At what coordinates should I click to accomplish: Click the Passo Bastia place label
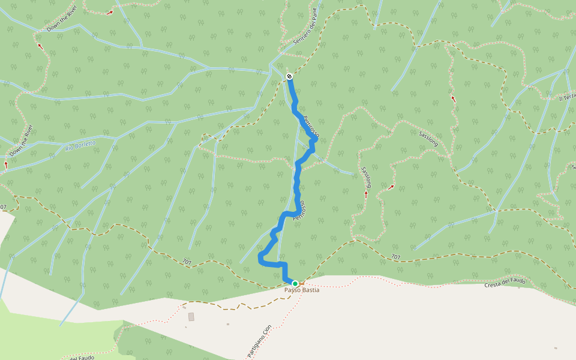click(302, 290)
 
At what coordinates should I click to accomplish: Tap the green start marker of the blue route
click(295, 283)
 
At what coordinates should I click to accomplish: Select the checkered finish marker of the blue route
click(289, 76)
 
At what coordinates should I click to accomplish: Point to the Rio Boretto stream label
click(80, 145)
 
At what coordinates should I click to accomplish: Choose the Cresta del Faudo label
click(505, 281)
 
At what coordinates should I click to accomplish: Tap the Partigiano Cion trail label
click(259, 341)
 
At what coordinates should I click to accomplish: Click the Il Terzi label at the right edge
click(567, 97)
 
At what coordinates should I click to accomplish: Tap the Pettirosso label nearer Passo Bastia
click(299, 210)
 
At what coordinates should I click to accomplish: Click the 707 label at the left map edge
click(3, 207)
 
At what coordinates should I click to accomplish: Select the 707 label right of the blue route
click(395, 257)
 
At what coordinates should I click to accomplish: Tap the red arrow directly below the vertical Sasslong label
click(366, 194)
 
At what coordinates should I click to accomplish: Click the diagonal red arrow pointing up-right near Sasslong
click(391, 187)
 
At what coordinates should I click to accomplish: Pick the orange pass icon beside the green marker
click(302, 283)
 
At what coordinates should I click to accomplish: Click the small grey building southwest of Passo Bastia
click(191, 316)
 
